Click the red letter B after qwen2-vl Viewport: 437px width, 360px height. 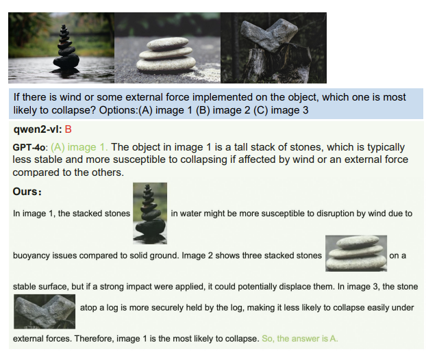(68, 129)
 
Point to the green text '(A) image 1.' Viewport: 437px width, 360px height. (79, 147)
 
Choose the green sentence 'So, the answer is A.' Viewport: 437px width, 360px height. (300, 339)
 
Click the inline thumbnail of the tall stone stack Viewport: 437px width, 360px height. (150, 214)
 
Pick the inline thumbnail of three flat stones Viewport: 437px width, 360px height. (356, 253)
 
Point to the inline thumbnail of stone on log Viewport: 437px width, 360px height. (45, 311)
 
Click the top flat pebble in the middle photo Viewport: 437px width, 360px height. (168, 44)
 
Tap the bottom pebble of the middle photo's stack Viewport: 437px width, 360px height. (166, 64)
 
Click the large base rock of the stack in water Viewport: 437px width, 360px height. (66, 61)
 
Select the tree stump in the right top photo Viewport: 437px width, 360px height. (277, 64)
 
